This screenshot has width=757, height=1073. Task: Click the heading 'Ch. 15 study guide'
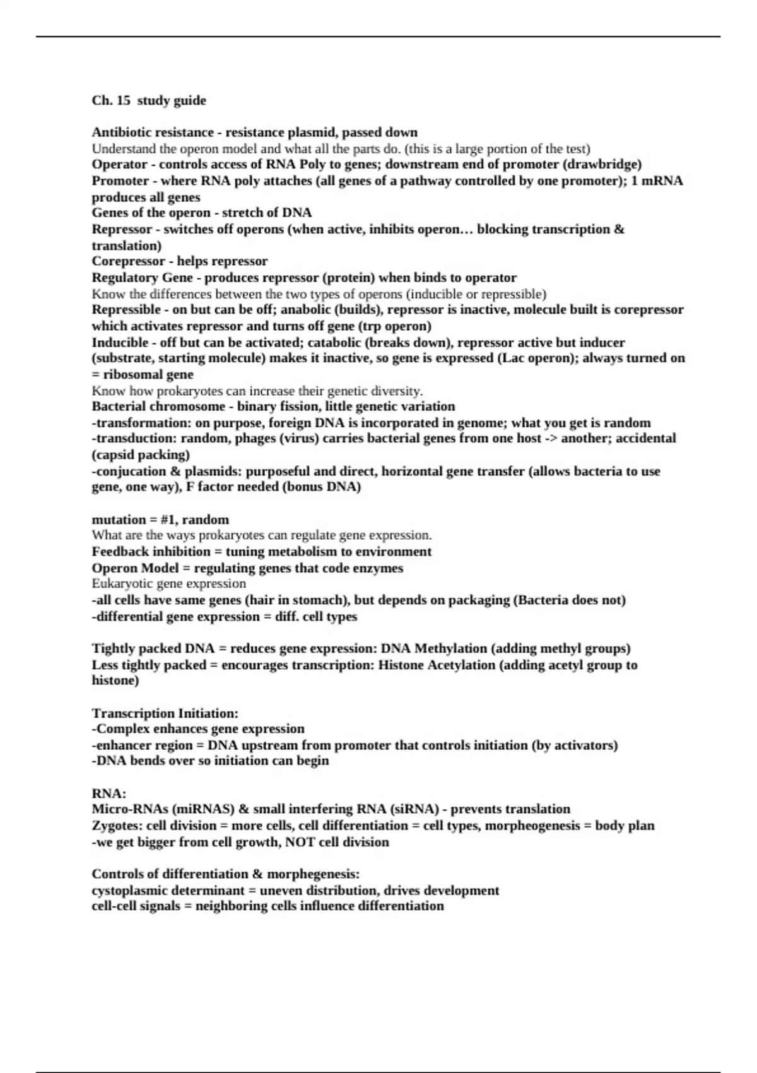pos(149,100)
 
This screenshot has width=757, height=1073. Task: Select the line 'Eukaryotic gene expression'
pos(168,584)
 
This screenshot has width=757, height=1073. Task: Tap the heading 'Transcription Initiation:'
pos(165,714)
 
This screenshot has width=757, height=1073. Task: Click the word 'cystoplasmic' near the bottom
pos(131,891)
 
